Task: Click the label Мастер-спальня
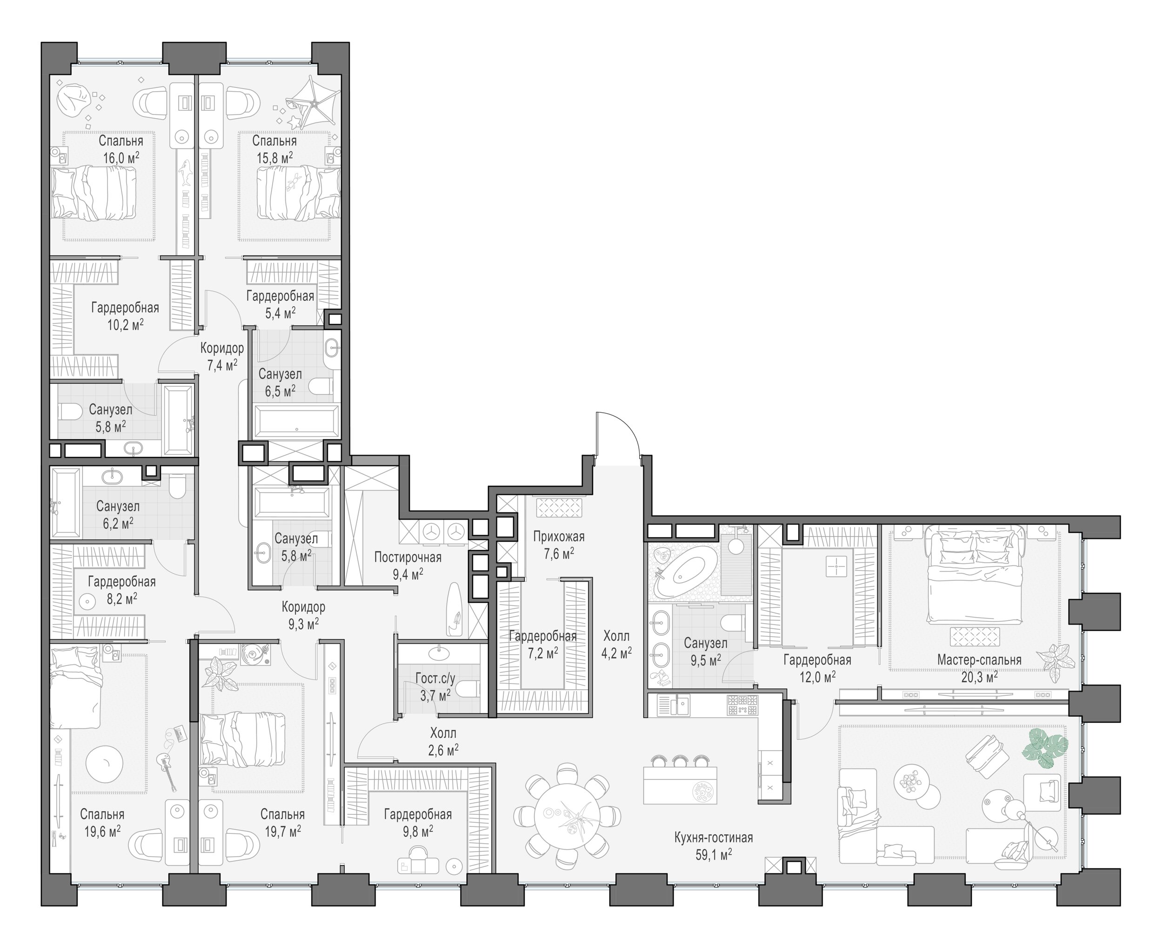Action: pos(979,660)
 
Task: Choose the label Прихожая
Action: pos(559,537)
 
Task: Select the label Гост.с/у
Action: pos(435,678)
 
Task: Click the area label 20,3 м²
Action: pos(979,677)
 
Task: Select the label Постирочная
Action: pos(408,557)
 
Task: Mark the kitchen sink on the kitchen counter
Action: pos(673,705)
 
